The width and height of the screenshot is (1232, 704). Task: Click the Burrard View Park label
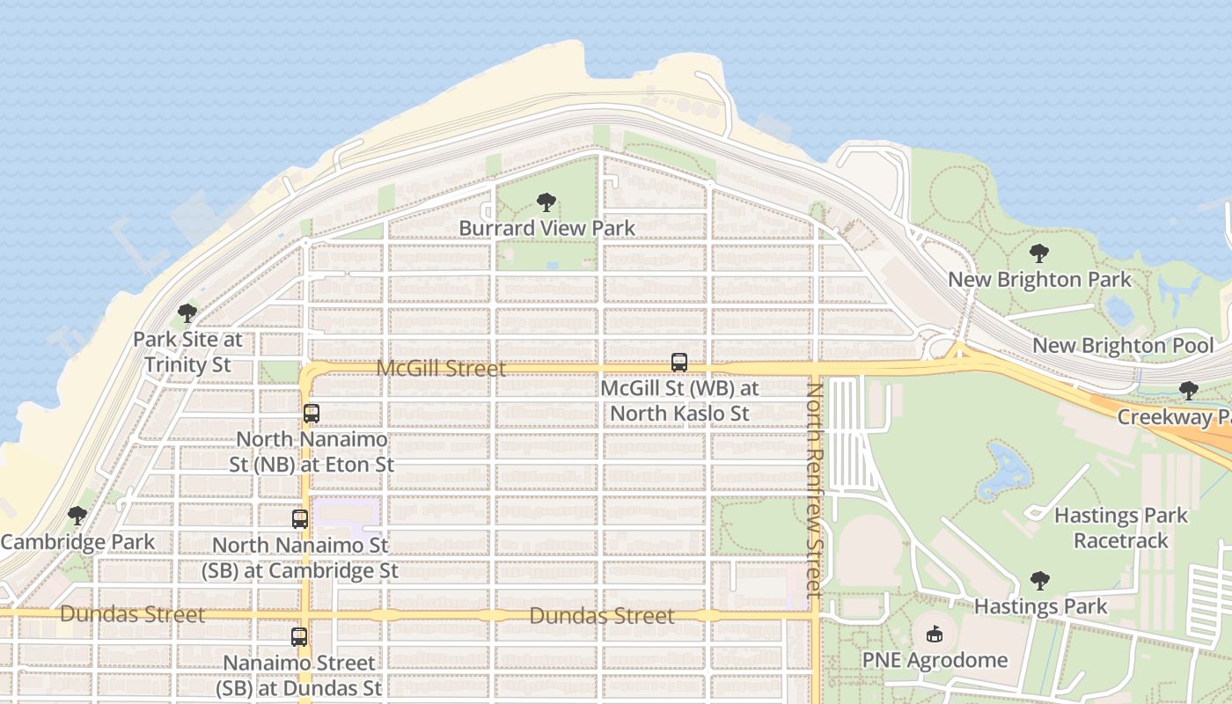click(546, 229)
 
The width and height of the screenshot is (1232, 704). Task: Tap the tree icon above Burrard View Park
click(546, 202)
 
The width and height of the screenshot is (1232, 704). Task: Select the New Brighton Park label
click(1039, 280)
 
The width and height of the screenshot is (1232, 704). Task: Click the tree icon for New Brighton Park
click(1039, 254)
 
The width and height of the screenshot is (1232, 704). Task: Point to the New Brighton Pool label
click(1123, 346)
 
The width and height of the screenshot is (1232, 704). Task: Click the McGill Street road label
click(441, 369)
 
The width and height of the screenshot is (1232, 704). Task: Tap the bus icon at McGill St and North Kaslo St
click(679, 362)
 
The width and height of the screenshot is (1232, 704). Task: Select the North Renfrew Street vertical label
click(814, 490)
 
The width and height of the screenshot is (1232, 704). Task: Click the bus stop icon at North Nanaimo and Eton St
click(311, 413)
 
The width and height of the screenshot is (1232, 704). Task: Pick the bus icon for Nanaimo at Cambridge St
click(300, 519)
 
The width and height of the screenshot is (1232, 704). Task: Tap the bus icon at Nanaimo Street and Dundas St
click(299, 636)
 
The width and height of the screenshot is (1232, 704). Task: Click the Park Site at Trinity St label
click(187, 352)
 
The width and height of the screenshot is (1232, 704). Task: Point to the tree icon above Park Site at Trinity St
click(187, 312)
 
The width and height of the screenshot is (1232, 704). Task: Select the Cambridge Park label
click(77, 542)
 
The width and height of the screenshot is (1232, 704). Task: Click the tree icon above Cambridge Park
click(77, 516)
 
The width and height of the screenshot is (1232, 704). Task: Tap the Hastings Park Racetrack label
click(1121, 528)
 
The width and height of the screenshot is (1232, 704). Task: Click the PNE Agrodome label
click(935, 660)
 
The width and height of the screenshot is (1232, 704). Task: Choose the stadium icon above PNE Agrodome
click(935, 634)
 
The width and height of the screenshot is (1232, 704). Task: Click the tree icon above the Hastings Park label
click(1040, 581)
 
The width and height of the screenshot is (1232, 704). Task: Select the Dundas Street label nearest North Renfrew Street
click(602, 616)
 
